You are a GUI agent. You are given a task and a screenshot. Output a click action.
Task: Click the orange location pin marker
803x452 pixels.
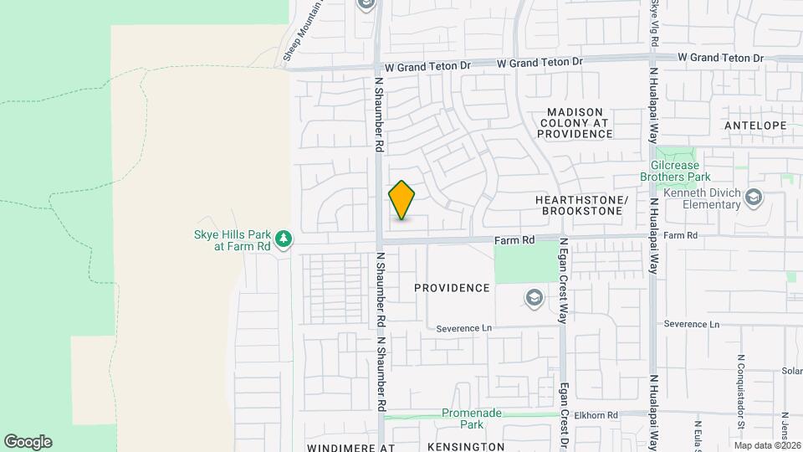coord(401,200)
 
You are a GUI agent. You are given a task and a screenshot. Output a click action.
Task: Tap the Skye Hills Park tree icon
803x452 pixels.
coord(284,240)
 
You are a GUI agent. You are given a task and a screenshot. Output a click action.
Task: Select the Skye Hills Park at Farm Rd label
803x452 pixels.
coord(230,240)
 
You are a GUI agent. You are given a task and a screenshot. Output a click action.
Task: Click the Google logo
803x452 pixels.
coord(28,442)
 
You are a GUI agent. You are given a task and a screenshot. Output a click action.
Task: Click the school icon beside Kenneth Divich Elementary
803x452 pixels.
coord(754,198)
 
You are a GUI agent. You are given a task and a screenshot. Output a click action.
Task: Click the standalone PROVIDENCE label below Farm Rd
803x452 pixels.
coord(452,288)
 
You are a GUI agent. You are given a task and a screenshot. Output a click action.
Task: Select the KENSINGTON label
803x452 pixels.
coord(465,447)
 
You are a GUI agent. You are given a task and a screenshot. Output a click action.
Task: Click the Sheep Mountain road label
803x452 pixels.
coord(303,30)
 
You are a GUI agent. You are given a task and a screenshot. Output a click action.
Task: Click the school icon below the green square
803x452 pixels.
coord(534,298)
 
